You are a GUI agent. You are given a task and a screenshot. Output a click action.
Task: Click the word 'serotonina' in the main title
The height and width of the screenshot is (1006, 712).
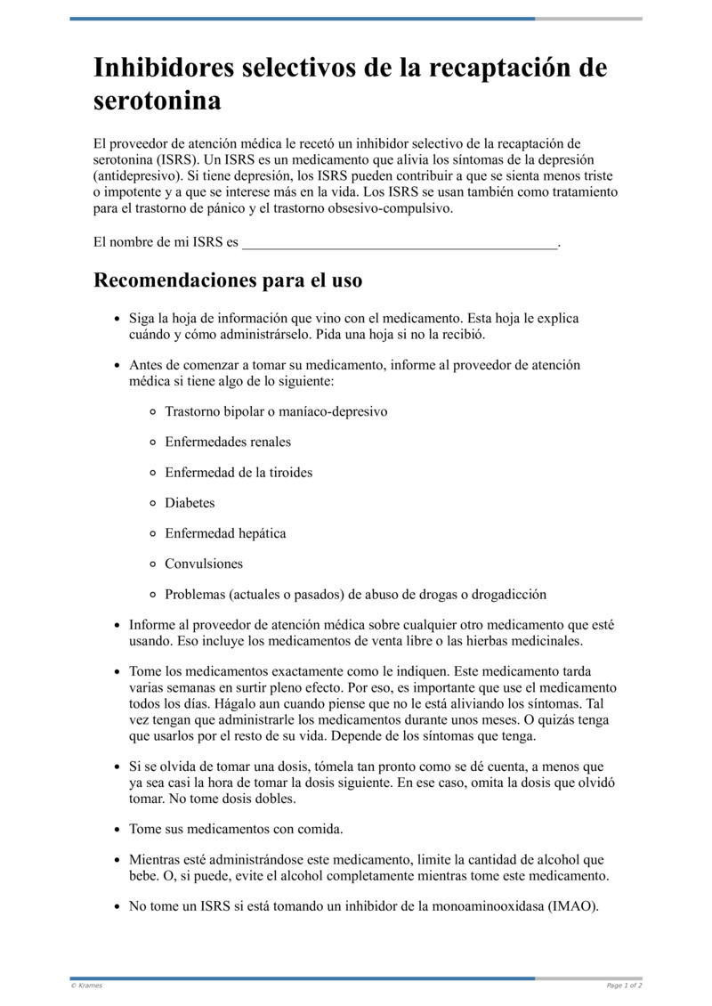click(158, 101)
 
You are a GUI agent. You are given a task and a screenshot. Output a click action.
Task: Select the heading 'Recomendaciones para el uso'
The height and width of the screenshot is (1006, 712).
click(228, 280)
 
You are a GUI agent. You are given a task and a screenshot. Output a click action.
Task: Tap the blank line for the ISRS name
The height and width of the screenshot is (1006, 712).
click(400, 241)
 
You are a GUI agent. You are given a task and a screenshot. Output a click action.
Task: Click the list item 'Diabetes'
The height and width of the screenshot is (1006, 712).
click(190, 503)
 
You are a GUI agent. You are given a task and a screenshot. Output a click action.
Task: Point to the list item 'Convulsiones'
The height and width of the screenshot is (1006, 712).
click(204, 564)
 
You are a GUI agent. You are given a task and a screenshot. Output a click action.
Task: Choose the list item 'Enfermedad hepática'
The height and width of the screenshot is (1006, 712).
click(225, 533)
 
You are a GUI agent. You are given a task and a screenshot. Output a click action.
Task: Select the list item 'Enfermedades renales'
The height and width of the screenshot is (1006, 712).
click(228, 442)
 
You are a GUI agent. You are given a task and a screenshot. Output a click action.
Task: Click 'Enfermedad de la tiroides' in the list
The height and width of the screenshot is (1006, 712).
click(239, 472)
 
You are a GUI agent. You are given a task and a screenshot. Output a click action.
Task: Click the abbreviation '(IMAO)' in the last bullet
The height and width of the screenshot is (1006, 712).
click(573, 907)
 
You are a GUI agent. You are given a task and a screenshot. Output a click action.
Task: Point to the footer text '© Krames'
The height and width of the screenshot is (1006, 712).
click(86, 986)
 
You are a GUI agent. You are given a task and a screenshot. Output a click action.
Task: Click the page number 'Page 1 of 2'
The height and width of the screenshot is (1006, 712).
click(624, 986)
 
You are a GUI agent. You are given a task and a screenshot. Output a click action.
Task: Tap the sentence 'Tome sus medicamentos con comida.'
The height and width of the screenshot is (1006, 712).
click(236, 829)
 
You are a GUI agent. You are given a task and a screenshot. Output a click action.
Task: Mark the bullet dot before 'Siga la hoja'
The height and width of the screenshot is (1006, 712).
click(117, 319)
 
